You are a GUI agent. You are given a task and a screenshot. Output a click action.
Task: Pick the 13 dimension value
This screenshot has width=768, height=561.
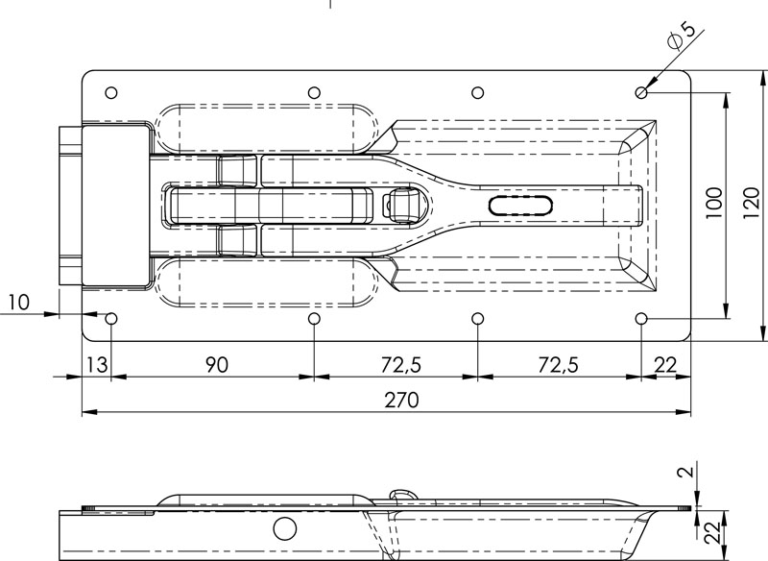pyautogui.click(x=96, y=365)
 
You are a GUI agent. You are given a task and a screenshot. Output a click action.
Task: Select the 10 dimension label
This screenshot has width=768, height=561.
pyautogui.click(x=16, y=303)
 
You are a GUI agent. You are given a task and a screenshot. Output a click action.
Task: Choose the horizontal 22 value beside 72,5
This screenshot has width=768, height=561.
pyautogui.click(x=666, y=365)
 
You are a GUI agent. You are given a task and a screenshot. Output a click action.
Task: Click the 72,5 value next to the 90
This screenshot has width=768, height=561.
pyautogui.click(x=396, y=365)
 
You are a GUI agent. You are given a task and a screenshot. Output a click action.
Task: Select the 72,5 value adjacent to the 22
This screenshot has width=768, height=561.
pyautogui.click(x=559, y=365)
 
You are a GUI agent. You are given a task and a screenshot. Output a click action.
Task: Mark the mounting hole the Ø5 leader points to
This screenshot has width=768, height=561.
pyautogui.click(x=641, y=92)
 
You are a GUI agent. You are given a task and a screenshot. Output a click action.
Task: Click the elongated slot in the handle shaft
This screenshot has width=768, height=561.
pyautogui.click(x=520, y=205)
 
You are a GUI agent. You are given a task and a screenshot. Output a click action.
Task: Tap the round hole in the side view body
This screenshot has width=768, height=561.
pyautogui.click(x=284, y=527)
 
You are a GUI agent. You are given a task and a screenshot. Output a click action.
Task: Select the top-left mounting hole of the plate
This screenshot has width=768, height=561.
pyautogui.click(x=111, y=92)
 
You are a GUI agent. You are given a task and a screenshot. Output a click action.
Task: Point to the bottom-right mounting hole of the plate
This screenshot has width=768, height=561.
pyautogui.click(x=641, y=318)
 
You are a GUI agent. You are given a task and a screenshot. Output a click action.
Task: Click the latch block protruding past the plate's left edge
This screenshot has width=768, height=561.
pyautogui.click(x=72, y=206)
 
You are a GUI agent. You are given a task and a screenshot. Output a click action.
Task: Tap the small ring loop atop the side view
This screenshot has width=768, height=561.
pyautogui.click(x=403, y=495)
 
